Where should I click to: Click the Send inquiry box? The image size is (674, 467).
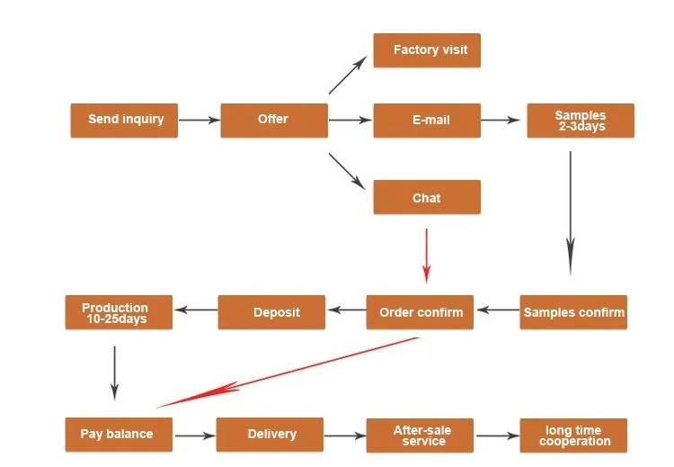124,120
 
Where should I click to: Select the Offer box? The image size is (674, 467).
273,120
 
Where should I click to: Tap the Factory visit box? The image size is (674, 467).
427,50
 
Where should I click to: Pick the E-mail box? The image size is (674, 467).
427,120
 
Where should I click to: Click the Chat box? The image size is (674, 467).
427,197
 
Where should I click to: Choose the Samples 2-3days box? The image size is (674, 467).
581,121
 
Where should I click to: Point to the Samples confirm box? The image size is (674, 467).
573,312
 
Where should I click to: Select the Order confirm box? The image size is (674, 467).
420,312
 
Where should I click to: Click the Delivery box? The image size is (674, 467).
270,435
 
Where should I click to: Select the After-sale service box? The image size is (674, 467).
421,436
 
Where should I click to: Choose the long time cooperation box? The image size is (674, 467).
573,436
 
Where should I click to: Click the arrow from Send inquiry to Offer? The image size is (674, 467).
200,120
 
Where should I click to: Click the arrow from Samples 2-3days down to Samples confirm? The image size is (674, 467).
570,211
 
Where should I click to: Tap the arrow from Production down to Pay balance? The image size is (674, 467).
114,372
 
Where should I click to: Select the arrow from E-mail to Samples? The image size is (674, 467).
503,120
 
